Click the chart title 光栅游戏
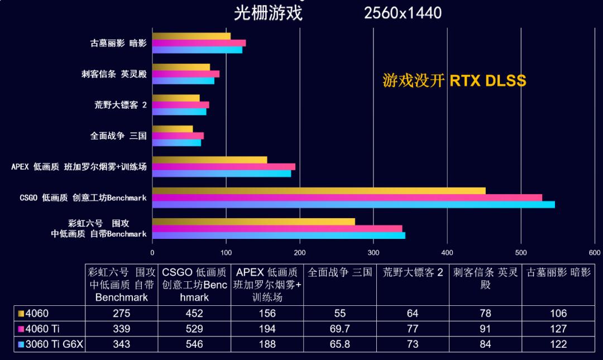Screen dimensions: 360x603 pyautogui.click(x=268, y=13)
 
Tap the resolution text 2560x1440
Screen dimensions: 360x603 pyautogui.click(x=403, y=13)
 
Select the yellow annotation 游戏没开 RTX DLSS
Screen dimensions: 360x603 pyautogui.click(x=454, y=80)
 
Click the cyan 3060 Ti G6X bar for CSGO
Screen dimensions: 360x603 pyautogui.click(x=353, y=204)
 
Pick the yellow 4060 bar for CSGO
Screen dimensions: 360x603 pyautogui.click(x=319, y=191)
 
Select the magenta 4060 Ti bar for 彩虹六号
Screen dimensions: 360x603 pyautogui.click(x=277, y=228)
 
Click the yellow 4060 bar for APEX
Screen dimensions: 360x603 pyautogui.click(x=209, y=160)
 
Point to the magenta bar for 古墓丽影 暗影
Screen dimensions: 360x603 pyautogui.click(x=199, y=43)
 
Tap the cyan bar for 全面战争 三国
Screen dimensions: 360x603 pyautogui.click(x=176, y=143)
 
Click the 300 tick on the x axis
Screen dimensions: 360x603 pyautogui.click(x=374, y=252)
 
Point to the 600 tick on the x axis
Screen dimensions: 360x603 pyautogui.click(x=594, y=252)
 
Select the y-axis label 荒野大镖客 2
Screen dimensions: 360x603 pyautogui.click(x=121, y=105)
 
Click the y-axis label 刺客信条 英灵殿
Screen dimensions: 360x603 pyautogui.click(x=114, y=74)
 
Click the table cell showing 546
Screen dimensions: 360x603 pyautogui.click(x=194, y=344)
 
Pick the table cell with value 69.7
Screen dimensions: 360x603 pyautogui.click(x=340, y=329)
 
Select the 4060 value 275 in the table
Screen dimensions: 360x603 pyautogui.click(x=121, y=313)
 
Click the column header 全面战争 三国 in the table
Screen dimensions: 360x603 pyautogui.click(x=340, y=272)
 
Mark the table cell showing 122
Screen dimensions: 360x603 pyautogui.click(x=558, y=344)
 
